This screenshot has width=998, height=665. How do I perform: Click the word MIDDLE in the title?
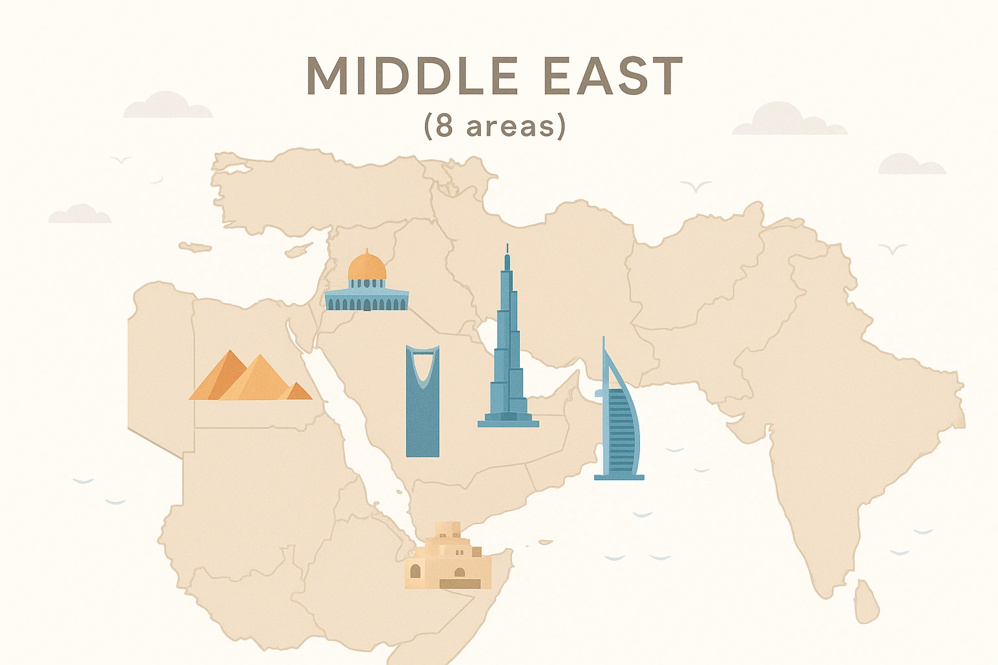[x=412, y=77]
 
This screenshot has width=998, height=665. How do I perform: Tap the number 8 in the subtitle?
[x=444, y=125]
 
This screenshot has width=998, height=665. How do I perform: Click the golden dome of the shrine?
[x=366, y=266]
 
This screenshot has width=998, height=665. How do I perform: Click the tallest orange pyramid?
[x=259, y=380]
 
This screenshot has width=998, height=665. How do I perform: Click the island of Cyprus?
[x=298, y=250]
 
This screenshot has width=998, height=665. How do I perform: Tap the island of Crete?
[x=195, y=247]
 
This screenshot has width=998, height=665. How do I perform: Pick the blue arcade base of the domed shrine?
[x=366, y=301]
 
